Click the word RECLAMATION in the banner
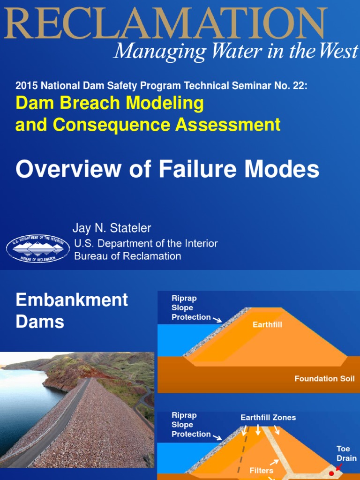(x=164, y=23)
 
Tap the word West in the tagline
(x=338, y=51)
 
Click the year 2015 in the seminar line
(x=26, y=86)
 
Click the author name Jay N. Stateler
(x=112, y=228)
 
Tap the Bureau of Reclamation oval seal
(x=38, y=249)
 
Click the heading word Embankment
(x=72, y=300)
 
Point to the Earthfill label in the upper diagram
(x=267, y=324)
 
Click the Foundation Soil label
(x=324, y=378)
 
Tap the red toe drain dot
(x=332, y=473)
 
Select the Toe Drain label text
(x=346, y=453)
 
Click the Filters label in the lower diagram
(x=261, y=470)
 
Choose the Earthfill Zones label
(x=268, y=417)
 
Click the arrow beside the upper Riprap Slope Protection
(x=217, y=320)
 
